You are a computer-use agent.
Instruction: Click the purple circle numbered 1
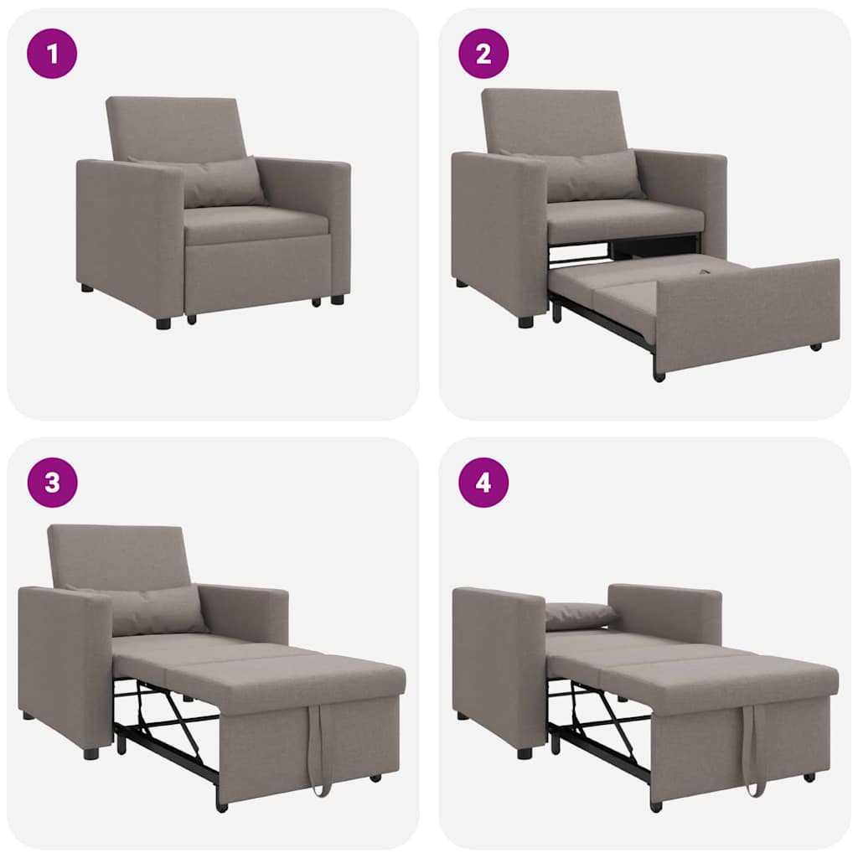click(52, 53)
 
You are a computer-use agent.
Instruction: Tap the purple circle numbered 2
click(483, 53)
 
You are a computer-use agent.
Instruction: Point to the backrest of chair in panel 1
click(176, 126)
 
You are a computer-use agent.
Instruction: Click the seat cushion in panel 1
click(256, 225)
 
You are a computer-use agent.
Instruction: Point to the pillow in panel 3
click(155, 609)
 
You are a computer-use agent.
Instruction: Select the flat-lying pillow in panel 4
click(580, 615)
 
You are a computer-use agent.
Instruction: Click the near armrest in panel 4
click(499, 662)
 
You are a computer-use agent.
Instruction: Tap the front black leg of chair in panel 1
click(163, 323)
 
